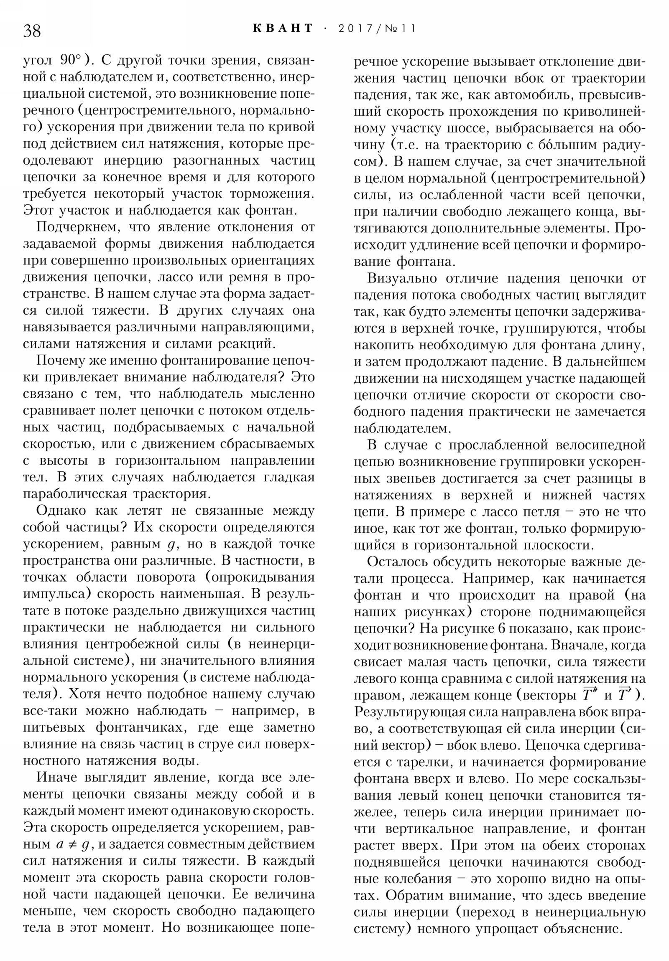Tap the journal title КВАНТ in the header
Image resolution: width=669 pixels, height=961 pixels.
(283, 28)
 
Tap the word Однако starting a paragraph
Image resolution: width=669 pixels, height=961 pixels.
(62, 511)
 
